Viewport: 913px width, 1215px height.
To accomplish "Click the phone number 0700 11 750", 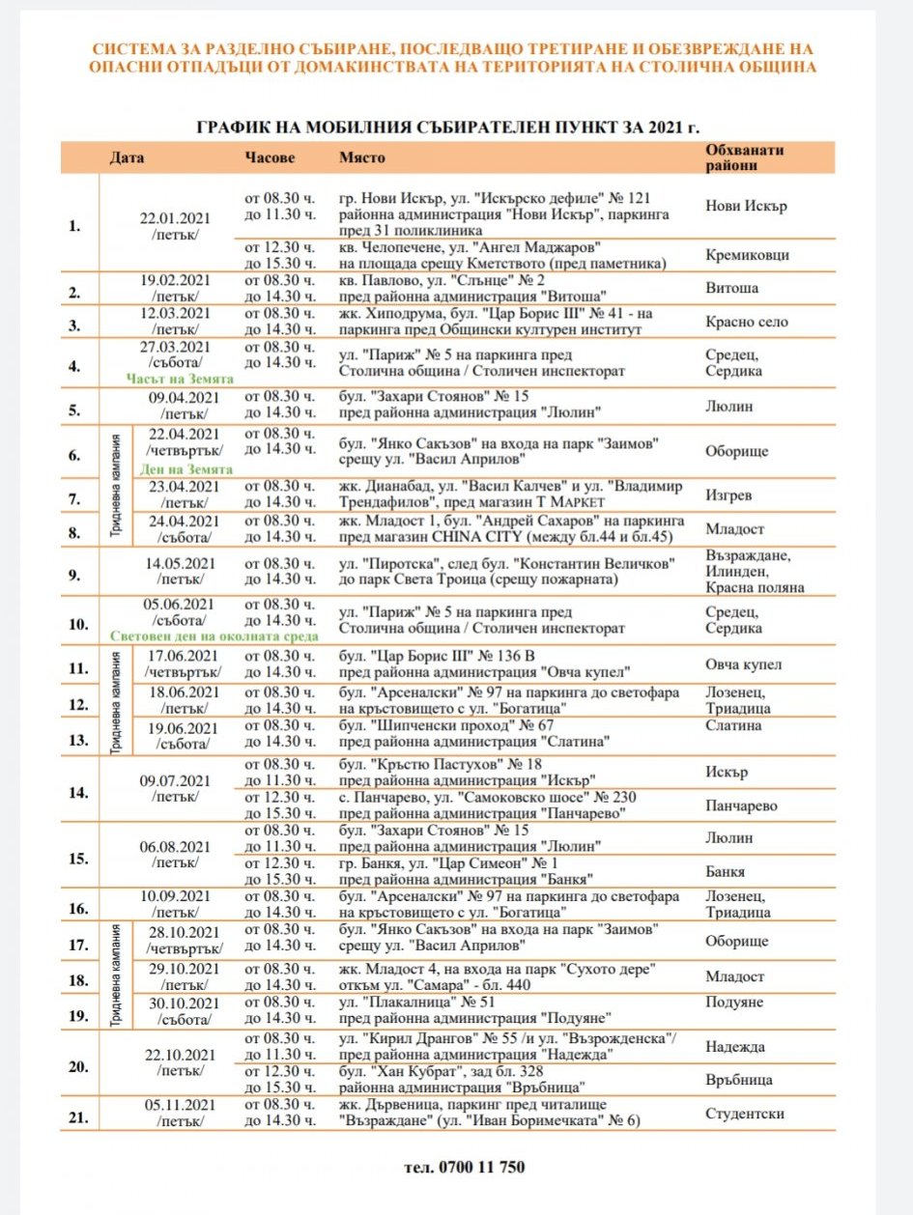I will (465, 1167).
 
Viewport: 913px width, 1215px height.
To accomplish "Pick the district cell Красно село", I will (747, 322).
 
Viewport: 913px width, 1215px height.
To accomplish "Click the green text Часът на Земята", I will (174, 380).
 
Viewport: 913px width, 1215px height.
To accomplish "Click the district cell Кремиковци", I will (747, 255).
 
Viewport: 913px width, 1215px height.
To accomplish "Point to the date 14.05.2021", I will (181, 562).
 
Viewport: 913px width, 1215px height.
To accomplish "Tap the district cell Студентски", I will (745, 1114).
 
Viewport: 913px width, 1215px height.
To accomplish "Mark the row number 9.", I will (74, 574).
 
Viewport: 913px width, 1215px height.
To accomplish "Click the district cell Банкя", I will (727, 871).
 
